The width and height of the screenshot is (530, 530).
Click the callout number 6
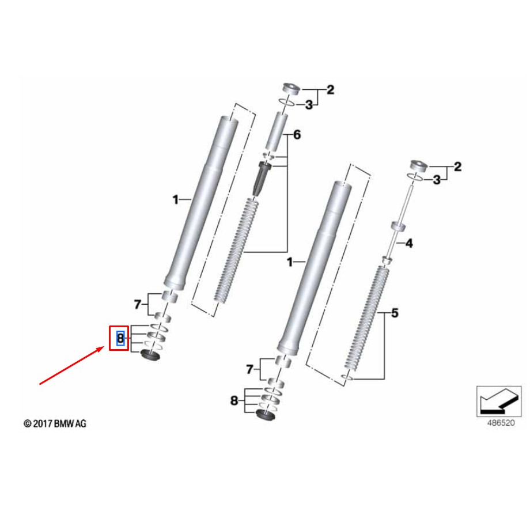click(x=297, y=135)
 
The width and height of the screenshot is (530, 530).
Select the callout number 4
click(x=409, y=244)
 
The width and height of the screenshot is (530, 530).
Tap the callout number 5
click(x=395, y=314)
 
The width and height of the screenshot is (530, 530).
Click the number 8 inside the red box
click(x=120, y=338)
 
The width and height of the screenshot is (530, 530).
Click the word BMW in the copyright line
click(x=65, y=424)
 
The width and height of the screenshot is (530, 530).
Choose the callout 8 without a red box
click(x=234, y=401)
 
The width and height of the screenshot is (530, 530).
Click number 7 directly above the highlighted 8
click(x=137, y=304)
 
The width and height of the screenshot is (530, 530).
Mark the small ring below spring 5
click(x=346, y=378)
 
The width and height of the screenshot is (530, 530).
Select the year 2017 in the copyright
click(x=43, y=424)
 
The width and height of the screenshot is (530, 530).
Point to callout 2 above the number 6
click(x=330, y=90)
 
